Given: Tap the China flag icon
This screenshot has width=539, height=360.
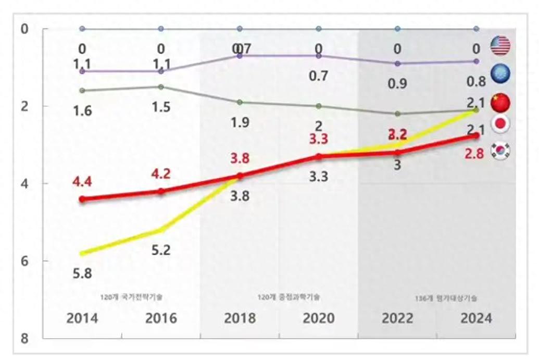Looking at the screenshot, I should pyautogui.click(x=500, y=102).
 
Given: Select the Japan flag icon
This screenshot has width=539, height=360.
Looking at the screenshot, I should pyautogui.click(x=500, y=124).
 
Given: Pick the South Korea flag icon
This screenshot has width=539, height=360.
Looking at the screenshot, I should pyautogui.click(x=500, y=151).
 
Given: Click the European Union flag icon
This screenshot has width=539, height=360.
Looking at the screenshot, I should pyautogui.click(x=500, y=74).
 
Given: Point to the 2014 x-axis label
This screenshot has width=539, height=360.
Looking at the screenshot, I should pyautogui.click(x=82, y=318).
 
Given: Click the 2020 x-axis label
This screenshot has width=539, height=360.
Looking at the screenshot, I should pyautogui.click(x=318, y=318).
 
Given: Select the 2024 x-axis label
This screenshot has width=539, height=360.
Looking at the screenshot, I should pyautogui.click(x=476, y=318).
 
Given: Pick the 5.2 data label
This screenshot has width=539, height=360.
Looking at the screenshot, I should pyautogui.click(x=160, y=250).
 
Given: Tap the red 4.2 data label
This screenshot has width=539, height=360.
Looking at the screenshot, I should pyautogui.click(x=160, y=174).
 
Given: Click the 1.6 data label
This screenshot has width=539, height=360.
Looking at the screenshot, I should pyautogui.click(x=82, y=111).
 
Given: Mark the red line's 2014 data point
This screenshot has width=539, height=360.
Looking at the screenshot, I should pyautogui.click(x=82, y=199).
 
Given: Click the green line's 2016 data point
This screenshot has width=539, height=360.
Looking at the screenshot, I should pyautogui.click(x=161, y=87).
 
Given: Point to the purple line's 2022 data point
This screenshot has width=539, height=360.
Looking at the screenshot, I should pyautogui.click(x=397, y=64).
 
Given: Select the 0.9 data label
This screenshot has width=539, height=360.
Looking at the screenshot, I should pyautogui.click(x=397, y=83).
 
